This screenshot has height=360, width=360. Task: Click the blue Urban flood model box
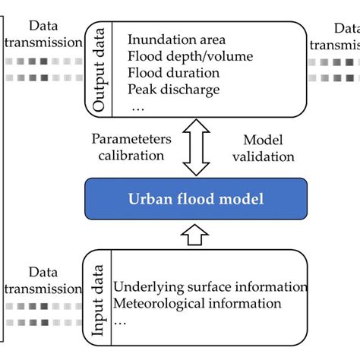click(x=195, y=200)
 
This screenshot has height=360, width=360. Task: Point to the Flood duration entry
click(x=173, y=73)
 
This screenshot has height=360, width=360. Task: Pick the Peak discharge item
click(x=174, y=90)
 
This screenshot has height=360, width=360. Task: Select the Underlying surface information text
click(x=210, y=287)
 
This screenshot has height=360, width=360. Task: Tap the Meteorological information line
click(x=197, y=304)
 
